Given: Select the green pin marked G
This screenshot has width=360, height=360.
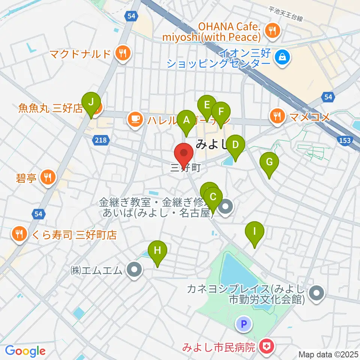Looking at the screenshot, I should point(269,163).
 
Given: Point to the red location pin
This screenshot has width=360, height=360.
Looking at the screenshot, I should point(184,154).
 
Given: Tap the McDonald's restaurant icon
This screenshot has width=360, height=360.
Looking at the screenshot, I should point(122,53).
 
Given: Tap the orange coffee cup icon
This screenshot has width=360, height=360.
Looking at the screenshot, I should point(135,119).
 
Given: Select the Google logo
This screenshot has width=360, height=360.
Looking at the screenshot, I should point(25,351).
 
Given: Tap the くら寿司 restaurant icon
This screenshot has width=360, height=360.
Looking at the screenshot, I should point(19,234).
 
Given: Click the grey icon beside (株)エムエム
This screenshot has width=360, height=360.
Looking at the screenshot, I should point(133,270).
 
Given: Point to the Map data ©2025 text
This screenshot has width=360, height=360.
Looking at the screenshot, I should point(328,354).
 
